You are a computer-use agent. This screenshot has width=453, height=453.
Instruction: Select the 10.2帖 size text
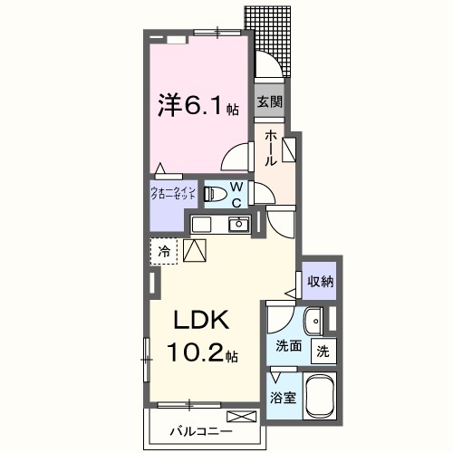201,351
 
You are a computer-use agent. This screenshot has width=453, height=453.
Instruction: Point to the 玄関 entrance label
268,101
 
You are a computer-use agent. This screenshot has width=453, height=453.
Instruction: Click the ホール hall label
270,146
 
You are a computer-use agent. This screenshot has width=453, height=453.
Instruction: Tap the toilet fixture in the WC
214,193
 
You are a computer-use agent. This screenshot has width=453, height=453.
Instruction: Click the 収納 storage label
319,281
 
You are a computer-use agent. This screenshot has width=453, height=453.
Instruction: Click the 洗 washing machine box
322,351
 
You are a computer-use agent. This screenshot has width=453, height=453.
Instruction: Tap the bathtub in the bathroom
320,397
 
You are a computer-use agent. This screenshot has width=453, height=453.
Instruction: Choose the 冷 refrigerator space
164,250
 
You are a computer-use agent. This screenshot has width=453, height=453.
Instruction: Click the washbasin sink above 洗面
312,321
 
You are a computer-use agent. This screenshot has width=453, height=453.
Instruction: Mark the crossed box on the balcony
242,418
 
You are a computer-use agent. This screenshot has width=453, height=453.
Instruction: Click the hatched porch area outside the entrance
275,41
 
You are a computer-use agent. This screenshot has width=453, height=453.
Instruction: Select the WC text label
236,194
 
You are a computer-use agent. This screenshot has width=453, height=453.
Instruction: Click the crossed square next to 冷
195,250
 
